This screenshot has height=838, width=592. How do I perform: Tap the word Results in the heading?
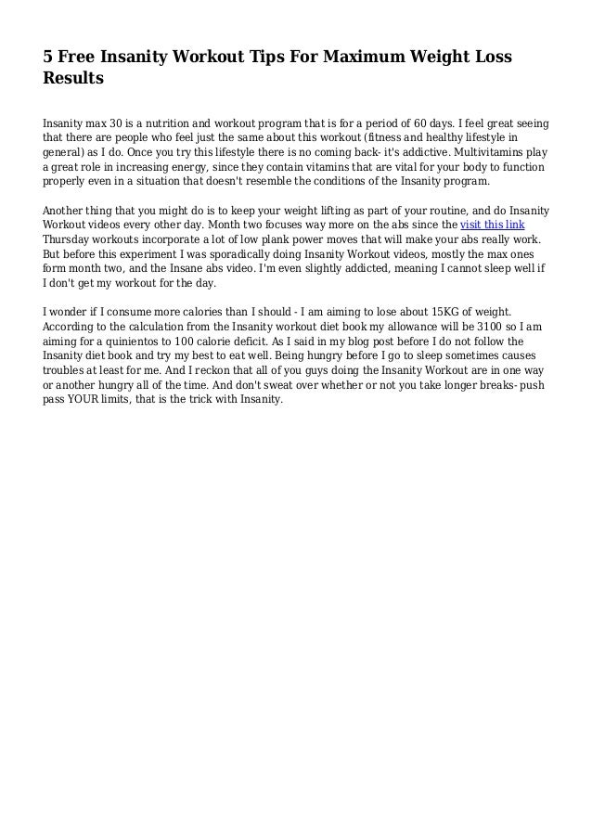73,80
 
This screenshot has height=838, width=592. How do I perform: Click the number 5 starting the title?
48,58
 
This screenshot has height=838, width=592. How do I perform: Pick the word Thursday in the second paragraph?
71,240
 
